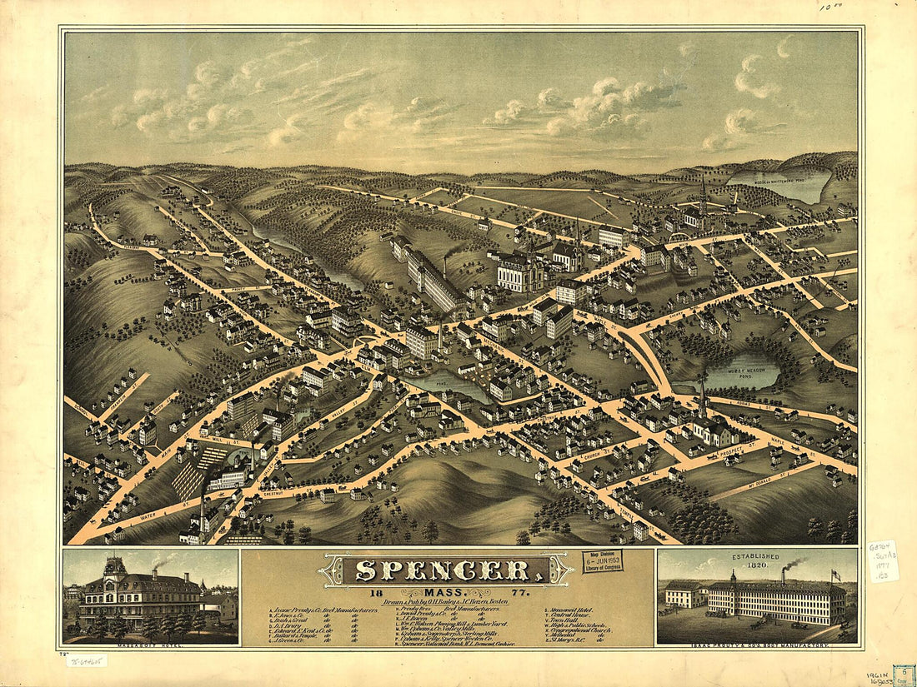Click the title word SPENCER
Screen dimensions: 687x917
pyautogui.click(x=445, y=570)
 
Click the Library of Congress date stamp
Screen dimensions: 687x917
pyautogui.click(x=602, y=560)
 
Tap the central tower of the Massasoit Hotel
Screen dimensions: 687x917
pyautogui.click(x=115, y=568)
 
